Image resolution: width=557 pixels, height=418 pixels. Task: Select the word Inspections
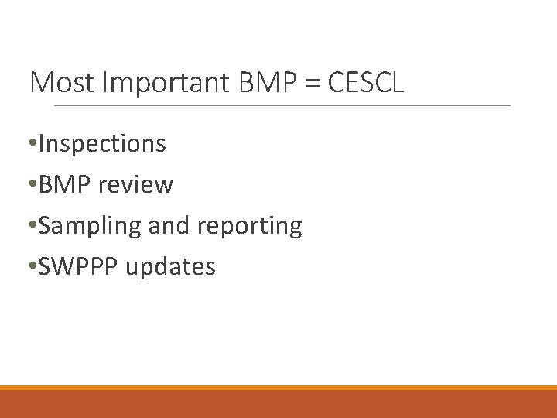(101, 144)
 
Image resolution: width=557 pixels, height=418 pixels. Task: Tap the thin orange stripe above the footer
(278, 388)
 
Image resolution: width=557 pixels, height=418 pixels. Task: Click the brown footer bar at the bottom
(278, 404)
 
